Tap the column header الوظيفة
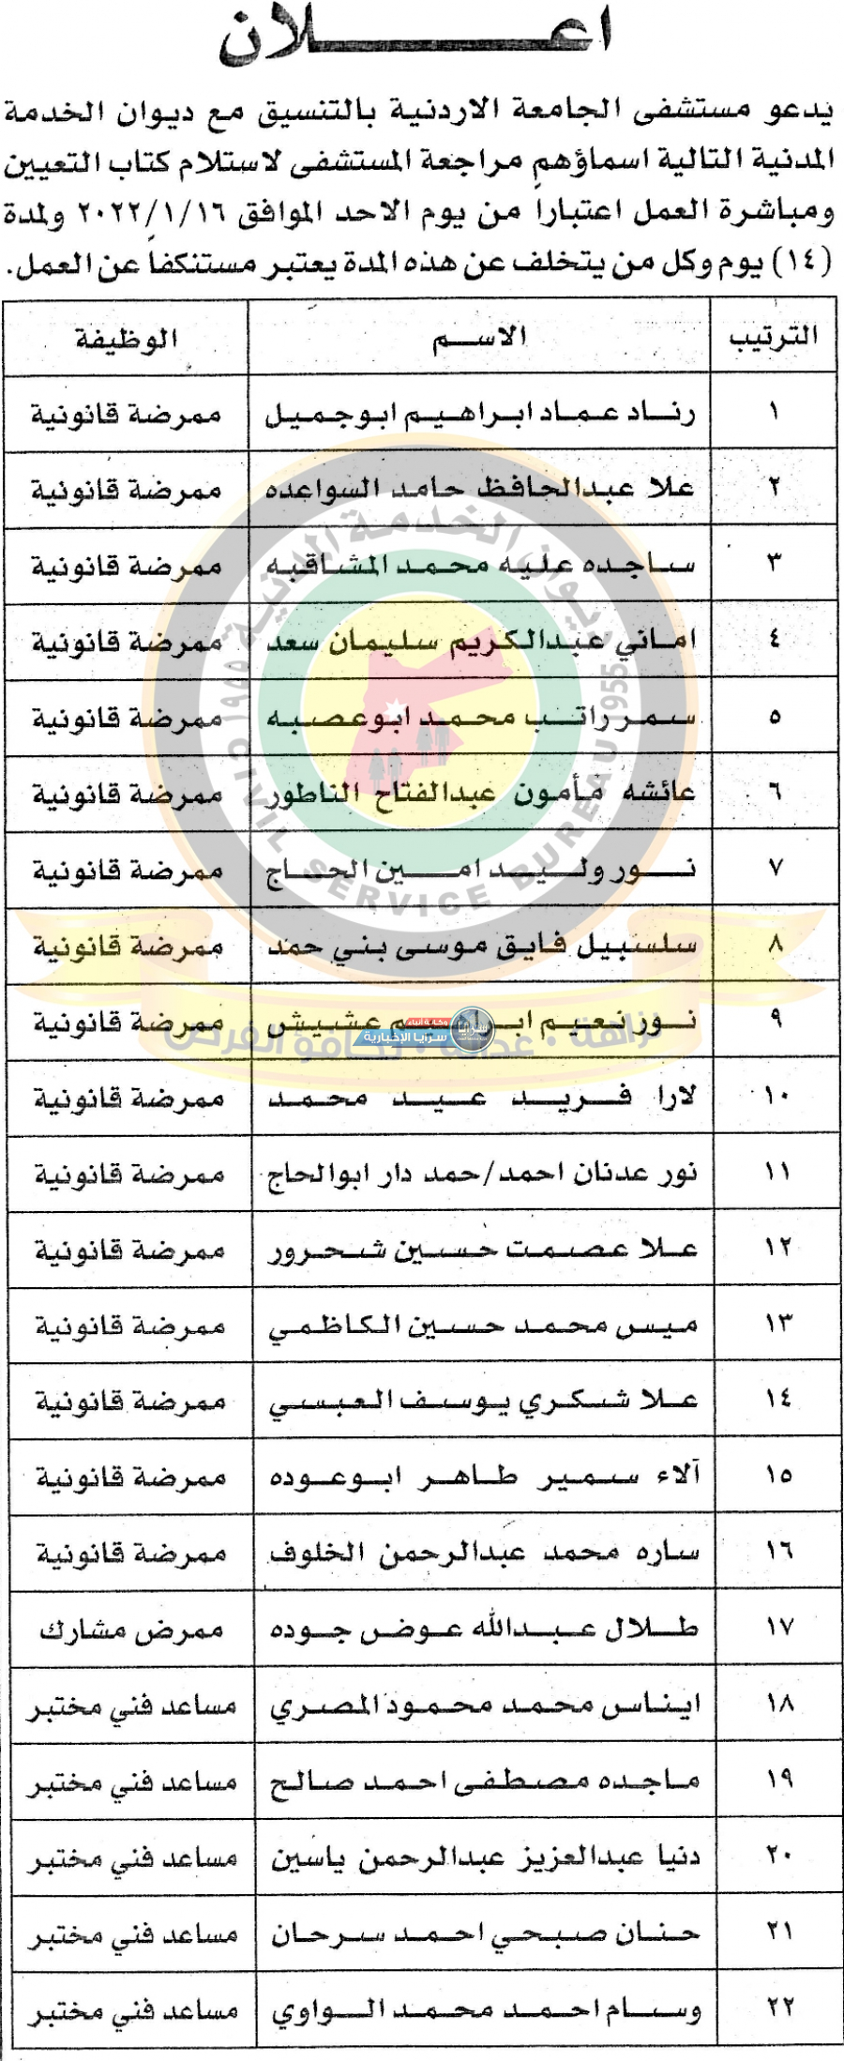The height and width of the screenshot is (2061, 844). [126, 339]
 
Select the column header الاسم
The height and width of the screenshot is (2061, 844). [479, 338]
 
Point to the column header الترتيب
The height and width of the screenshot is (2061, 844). [773, 337]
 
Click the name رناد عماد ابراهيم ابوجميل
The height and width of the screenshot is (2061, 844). [479, 414]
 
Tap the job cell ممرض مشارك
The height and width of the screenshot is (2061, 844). [131, 1630]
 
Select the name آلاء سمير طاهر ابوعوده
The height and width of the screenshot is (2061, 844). [484, 1478]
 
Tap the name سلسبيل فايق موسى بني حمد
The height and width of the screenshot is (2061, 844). [482, 946]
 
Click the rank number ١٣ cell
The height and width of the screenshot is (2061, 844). [777, 1325]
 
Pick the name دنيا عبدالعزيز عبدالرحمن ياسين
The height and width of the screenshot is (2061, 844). [486, 1857]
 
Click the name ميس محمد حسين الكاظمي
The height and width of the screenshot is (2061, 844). [483, 1326]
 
